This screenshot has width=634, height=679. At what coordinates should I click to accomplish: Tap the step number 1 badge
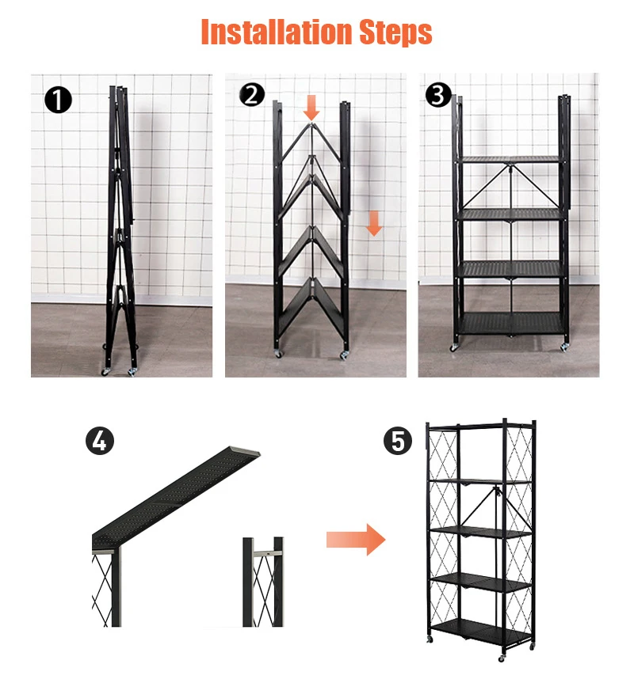click(x=59, y=101)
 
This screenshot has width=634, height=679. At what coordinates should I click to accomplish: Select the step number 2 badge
click(x=252, y=96)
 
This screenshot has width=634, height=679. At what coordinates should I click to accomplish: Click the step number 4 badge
click(x=100, y=441)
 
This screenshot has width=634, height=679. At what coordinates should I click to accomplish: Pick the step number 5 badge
click(x=398, y=441)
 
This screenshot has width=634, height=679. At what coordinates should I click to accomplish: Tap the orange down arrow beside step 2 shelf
click(x=374, y=223)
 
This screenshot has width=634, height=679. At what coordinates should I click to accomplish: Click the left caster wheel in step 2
click(x=277, y=354)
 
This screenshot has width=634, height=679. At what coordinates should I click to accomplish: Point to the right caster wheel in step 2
click(x=345, y=355)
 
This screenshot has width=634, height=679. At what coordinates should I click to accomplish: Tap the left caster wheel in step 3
click(x=454, y=347)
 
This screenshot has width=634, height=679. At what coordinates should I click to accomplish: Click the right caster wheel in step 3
click(x=564, y=347)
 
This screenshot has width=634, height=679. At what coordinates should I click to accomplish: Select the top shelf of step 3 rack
click(x=511, y=159)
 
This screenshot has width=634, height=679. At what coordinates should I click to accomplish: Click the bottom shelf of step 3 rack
click(x=511, y=323)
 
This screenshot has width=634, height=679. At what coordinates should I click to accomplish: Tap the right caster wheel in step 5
click(x=502, y=657)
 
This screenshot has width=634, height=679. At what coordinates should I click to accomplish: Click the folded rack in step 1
click(x=121, y=229)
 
